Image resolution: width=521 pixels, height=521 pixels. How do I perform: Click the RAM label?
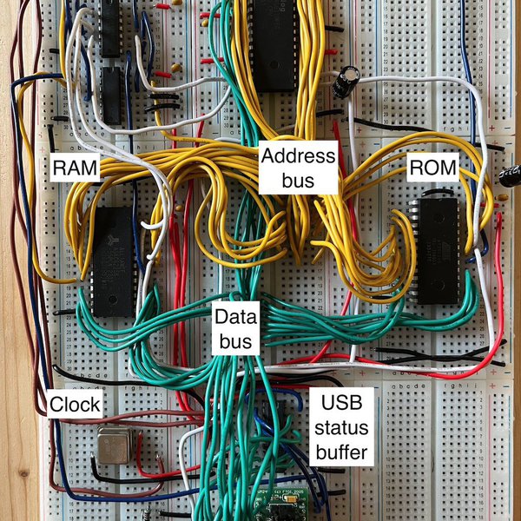click(x=76, y=166)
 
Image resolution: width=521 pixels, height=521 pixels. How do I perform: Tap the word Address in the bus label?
click(x=298, y=157)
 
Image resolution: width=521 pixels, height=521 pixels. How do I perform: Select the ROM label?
click(x=432, y=167)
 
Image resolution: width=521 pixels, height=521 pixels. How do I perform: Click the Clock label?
click(x=74, y=405)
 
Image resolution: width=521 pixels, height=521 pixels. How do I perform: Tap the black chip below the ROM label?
click(x=436, y=251)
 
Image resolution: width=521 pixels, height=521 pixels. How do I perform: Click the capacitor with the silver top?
click(x=347, y=82)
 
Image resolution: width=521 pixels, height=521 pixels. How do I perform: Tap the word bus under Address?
click(x=298, y=181)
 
